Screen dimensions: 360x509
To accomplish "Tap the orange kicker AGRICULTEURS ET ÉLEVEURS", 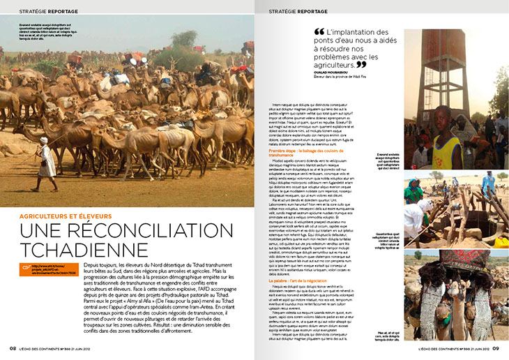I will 63,216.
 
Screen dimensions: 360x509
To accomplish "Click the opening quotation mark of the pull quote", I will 319,32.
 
